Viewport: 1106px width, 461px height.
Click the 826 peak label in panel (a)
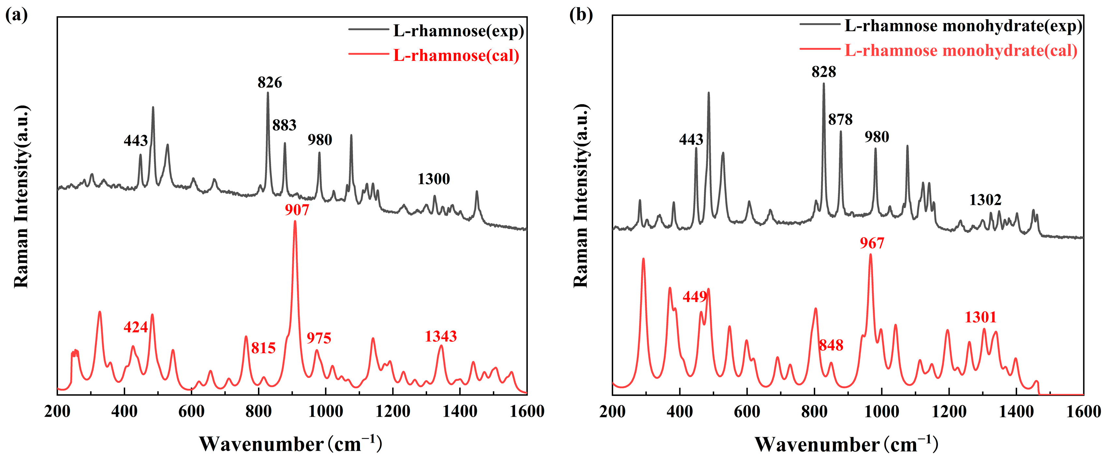point(270,82)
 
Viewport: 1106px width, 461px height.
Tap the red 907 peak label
point(297,210)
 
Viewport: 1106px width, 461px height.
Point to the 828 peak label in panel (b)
point(824,72)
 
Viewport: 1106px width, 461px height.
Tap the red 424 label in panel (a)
point(136,327)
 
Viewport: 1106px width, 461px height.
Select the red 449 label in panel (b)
point(695,296)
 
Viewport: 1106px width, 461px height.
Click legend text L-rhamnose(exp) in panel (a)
point(458,31)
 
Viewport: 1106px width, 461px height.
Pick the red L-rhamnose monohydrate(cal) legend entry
point(961,50)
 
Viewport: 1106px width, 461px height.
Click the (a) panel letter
point(16,15)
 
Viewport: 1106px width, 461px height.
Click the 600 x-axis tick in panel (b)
point(747,411)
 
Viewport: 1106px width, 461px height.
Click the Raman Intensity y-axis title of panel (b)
point(581,195)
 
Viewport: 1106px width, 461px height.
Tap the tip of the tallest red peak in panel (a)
point(295,222)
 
